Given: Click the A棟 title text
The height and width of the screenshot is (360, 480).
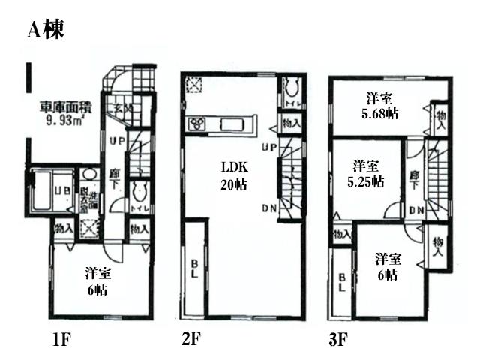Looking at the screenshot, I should click(x=45, y=30).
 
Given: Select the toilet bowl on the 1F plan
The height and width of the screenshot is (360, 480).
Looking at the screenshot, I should click(x=138, y=192).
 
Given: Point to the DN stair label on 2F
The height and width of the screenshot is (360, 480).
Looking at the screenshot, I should click(x=269, y=208).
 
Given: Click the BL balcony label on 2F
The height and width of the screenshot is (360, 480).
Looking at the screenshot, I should click(x=194, y=268).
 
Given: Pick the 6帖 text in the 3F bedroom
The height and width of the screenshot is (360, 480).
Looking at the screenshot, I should click(x=387, y=274).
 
